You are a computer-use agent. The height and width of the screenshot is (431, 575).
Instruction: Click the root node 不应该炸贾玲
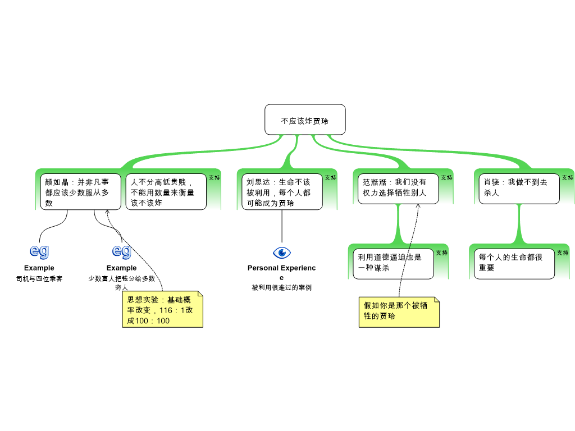[305, 120]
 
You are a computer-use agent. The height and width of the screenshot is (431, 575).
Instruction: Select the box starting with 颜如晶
[80, 192]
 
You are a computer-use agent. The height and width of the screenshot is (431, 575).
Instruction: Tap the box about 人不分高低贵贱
[166, 192]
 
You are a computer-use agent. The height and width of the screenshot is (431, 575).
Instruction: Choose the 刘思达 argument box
[282, 192]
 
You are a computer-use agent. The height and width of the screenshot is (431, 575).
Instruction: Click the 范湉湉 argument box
[398, 189]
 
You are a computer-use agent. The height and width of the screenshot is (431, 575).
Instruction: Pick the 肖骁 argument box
[519, 189]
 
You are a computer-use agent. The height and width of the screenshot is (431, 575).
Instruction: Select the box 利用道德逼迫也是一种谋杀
[393, 264]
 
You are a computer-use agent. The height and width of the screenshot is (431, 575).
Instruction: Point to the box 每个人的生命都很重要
[514, 264]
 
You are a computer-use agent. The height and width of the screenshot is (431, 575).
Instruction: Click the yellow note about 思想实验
[162, 309]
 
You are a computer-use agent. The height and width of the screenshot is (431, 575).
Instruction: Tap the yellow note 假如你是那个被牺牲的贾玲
[399, 312]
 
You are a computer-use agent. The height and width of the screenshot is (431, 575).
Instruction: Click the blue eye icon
[282, 253]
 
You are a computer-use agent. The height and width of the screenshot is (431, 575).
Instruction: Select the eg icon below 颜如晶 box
[39, 251]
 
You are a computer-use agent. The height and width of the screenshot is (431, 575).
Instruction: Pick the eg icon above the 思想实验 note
[122, 251]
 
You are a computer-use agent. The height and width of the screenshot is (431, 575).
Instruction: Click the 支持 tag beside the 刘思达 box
[330, 178]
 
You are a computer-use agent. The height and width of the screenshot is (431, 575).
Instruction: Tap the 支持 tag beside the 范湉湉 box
[446, 178]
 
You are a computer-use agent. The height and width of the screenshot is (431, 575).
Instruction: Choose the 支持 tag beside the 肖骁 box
[567, 178]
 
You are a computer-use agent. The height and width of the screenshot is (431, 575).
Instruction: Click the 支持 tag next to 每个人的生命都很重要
[562, 253]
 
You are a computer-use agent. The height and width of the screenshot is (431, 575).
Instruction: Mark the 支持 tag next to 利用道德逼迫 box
[441, 253]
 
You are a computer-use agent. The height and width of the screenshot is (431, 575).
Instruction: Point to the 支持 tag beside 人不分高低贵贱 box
[214, 178]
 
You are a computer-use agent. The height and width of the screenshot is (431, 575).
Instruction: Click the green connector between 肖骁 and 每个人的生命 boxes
[519, 224]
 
